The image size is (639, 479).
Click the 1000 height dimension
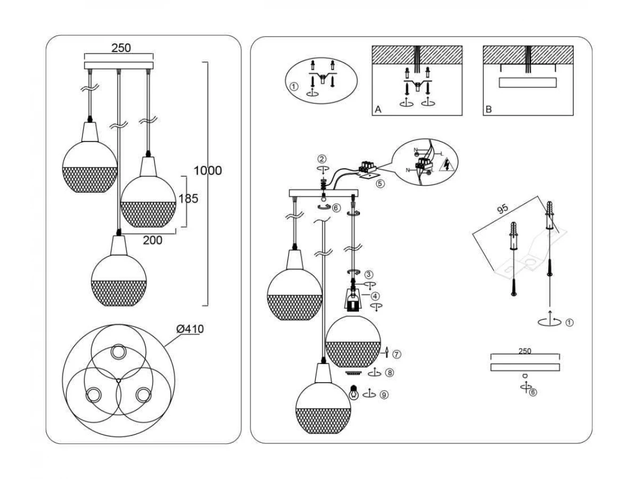pyautogui.click(x=208, y=171)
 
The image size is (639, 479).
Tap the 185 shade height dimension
pyautogui.click(x=188, y=199)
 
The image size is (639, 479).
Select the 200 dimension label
pyautogui.click(x=152, y=240)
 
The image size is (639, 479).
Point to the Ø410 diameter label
pyautogui.click(x=190, y=329)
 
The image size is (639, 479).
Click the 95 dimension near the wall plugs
pyautogui.click(x=501, y=209)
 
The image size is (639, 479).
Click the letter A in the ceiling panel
pyautogui.click(x=378, y=110)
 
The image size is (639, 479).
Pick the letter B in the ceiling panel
pyautogui.click(x=489, y=110)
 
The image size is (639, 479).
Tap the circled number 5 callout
pyautogui.click(x=380, y=184)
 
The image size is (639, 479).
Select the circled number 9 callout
pyautogui.click(x=384, y=395)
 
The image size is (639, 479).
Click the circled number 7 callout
pyautogui.click(x=397, y=353)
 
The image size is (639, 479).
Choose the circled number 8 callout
pyautogui.click(x=390, y=373)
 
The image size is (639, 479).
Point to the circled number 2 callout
pyautogui.click(x=321, y=159)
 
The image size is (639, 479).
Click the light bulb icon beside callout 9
pyautogui.click(x=353, y=393)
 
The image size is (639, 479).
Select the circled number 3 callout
pyautogui.click(x=368, y=275)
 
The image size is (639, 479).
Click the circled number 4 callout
pyautogui.click(x=375, y=296)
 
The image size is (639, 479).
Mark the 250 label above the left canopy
pyautogui.click(x=121, y=48)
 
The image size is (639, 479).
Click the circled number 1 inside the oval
pyautogui.click(x=293, y=86)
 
